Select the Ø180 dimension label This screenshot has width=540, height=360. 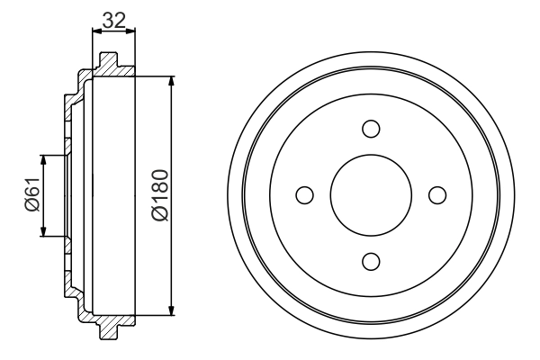[160, 194]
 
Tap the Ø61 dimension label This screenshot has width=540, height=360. [31, 195]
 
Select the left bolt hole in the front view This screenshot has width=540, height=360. [304, 194]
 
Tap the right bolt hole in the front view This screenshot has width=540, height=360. [437, 194]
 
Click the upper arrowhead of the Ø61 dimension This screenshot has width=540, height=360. [42, 160]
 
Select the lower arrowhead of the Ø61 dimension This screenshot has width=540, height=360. [42, 231]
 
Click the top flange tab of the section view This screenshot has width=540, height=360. [107, 62]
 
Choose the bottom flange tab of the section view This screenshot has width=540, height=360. [107, 328]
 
